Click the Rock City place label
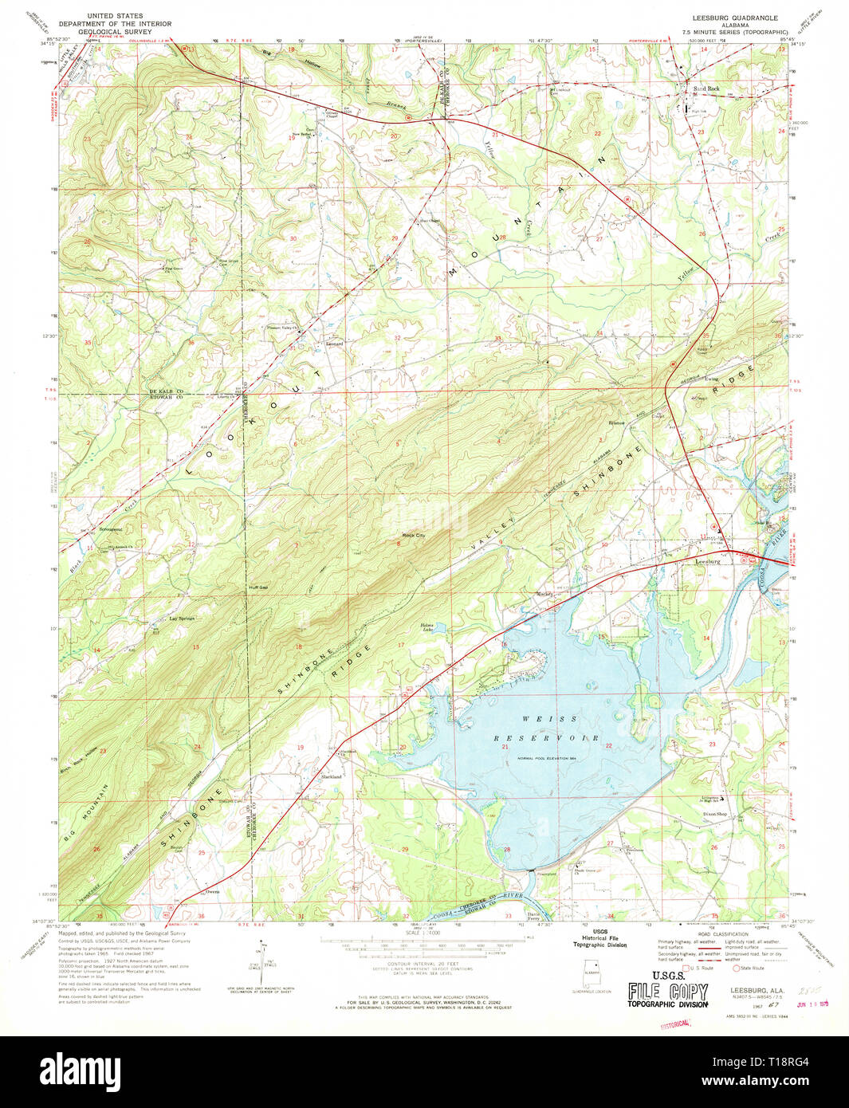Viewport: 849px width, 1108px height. point(414,536)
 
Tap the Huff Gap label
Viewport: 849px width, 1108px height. point(257,587)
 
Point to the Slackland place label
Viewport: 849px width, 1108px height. point(331,776)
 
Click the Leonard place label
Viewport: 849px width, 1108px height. point(334,344)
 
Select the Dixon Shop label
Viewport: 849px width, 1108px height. point(714,814)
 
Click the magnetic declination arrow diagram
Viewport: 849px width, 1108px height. point(261,965)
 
